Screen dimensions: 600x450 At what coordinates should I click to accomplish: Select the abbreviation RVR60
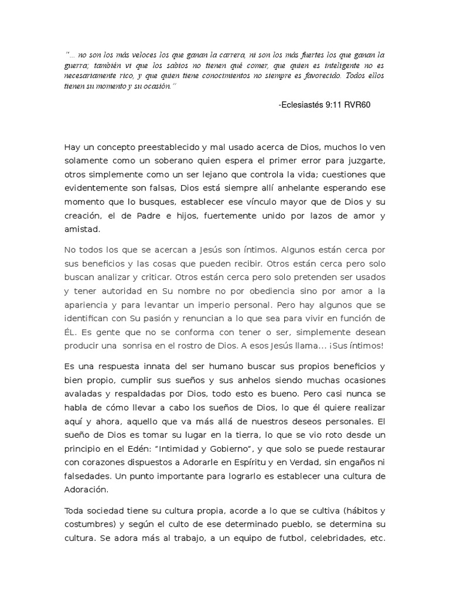click(x=359, y=105)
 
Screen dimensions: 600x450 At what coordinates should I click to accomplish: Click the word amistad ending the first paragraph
click(x=82, y=229)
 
